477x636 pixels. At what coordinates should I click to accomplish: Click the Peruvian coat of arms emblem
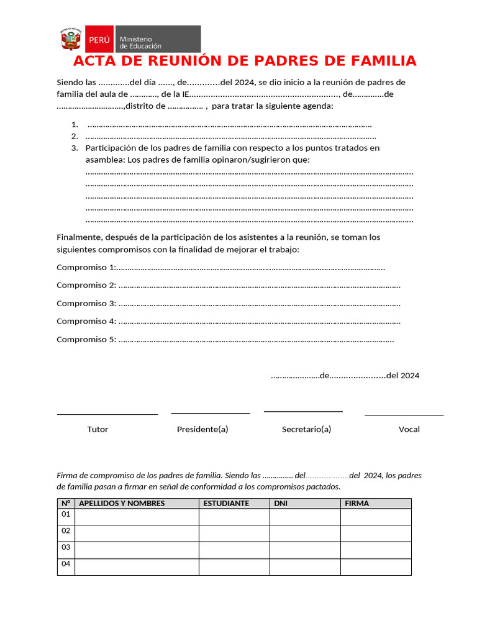[71, 39]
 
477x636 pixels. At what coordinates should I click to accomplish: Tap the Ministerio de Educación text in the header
[140, 42]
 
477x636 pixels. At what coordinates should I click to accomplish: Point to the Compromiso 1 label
[86, 268]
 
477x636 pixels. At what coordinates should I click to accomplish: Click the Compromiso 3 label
[86, 304]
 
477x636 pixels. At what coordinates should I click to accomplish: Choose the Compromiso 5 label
[86, 340]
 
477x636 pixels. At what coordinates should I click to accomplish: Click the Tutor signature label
[98, 429]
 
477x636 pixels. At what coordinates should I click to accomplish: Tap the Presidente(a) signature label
[202, 429]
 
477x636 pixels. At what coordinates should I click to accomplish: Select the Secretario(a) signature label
[306, 429]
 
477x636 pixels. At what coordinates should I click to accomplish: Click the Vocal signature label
[409, 429]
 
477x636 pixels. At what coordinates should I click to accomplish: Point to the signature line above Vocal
[404, 414]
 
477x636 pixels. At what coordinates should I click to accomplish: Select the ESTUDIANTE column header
[226, 503]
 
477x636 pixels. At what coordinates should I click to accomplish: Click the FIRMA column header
[357, 503]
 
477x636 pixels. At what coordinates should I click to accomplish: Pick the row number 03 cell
[65, 548]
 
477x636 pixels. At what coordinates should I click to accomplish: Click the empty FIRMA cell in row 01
[375, 517]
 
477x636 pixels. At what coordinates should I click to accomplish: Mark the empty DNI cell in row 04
[304, 566]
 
